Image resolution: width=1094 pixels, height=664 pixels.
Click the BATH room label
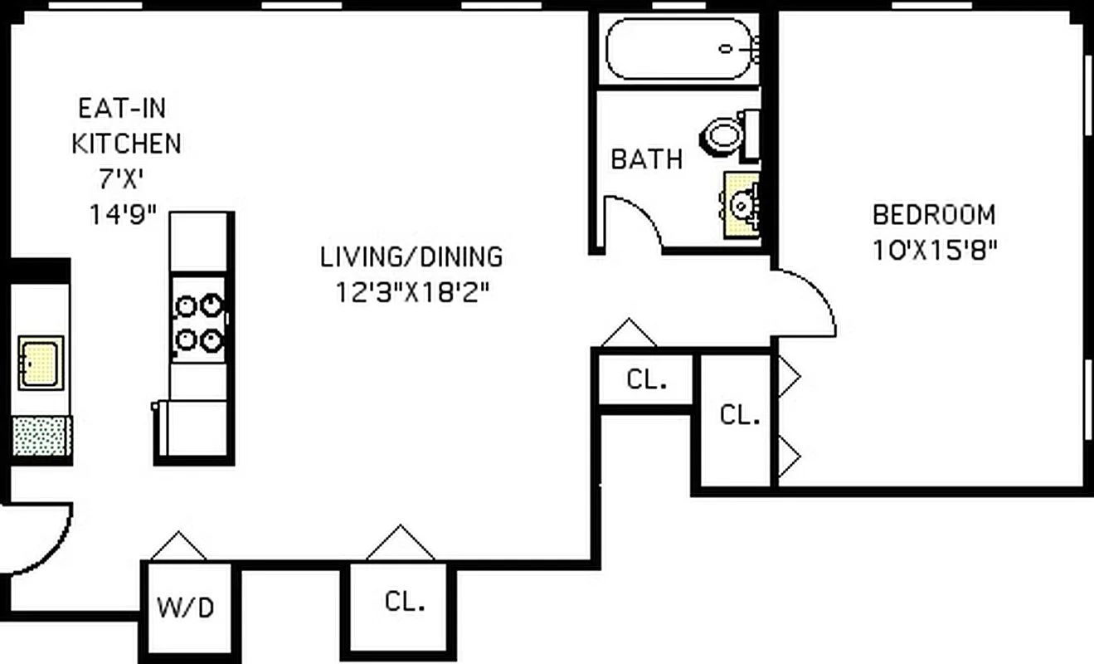pos(646,159)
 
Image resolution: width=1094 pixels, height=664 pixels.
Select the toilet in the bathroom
pos(725,135)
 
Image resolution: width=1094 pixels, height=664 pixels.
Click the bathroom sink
pos(741,203)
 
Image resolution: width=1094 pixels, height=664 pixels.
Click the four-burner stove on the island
pos(200,322)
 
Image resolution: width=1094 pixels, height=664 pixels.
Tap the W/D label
pos(186,608)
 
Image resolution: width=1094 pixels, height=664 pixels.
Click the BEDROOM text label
pos(933,215)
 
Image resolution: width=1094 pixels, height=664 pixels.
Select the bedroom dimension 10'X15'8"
pos(933,250)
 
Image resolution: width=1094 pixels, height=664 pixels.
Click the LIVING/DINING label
pos(411,256)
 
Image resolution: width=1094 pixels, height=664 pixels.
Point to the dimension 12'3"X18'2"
pos(411,292)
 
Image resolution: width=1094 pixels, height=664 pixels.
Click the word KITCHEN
pos(126,143)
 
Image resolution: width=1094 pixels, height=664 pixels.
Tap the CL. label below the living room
pos(406,601)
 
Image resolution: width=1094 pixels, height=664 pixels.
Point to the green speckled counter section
pos(41,436)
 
